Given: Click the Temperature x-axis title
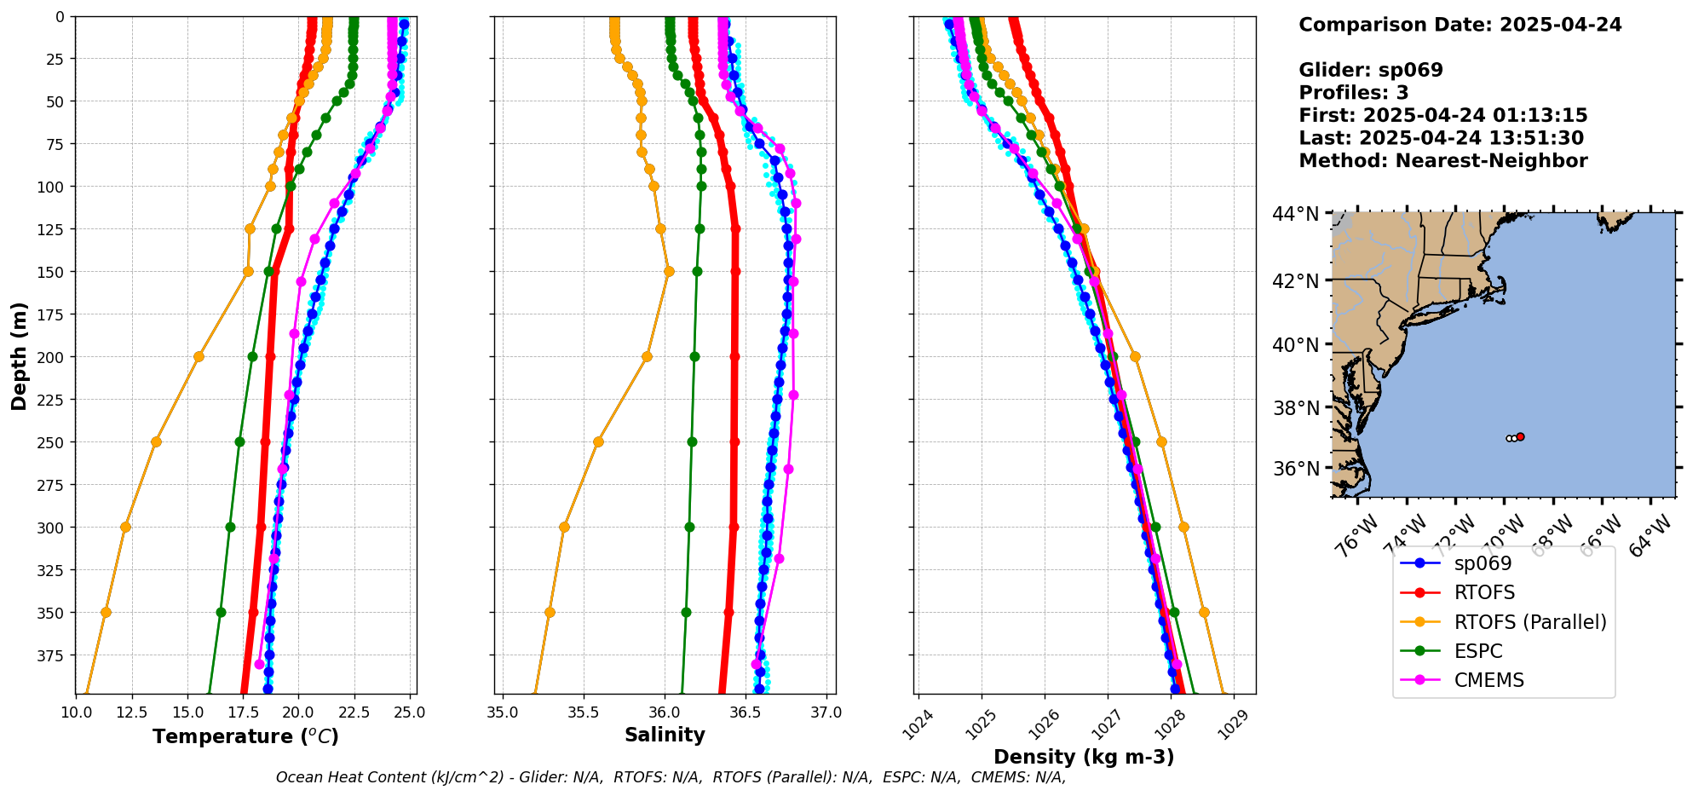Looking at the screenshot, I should point(245,736).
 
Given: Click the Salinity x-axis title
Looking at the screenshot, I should point(665,735).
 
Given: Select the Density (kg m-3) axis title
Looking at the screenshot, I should point(1084,757).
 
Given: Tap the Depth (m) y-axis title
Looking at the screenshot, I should point(19,355).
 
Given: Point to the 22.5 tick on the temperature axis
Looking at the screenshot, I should point(354,712).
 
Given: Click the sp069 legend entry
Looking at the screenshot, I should point(1483,563).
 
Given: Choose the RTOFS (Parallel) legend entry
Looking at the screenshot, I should point(1529,622).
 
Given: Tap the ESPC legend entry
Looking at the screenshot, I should point(1478,651).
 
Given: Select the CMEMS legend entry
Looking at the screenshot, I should point(1488,680).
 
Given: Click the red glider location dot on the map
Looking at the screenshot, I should point(1520,436).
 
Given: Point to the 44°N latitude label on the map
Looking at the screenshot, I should point(1296,214).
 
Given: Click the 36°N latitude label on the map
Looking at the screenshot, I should point(1296,469).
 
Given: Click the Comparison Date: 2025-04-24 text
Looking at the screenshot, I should point(1460,25).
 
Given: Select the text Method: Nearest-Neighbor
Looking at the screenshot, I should point(1442,161).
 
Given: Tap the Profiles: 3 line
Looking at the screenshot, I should point(1353,93).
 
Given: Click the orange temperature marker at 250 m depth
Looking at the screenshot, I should point(156,441).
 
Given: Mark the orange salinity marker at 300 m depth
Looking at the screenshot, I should point(564,527).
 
